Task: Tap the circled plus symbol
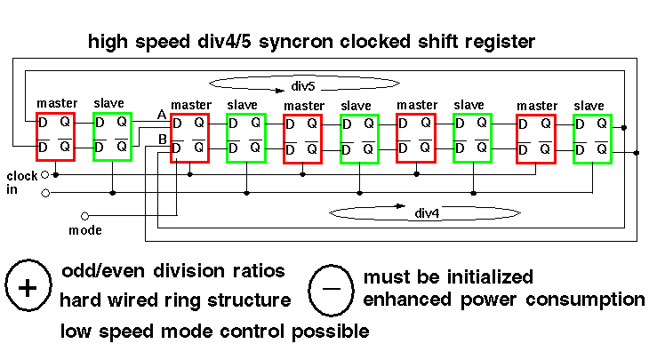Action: tap(28, 288)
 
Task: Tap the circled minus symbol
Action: tap(331, 288)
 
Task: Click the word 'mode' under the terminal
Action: tap(86, 230)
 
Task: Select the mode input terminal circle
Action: tap(85, 215)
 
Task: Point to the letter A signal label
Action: tap(161, 115)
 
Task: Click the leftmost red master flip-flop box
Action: tap(55, 135)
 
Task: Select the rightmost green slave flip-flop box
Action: tap(592, 139)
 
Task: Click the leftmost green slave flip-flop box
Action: tap(112, 135)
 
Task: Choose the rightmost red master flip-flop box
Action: tap(536, 139)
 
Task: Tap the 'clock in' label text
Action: tap(22, 182)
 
